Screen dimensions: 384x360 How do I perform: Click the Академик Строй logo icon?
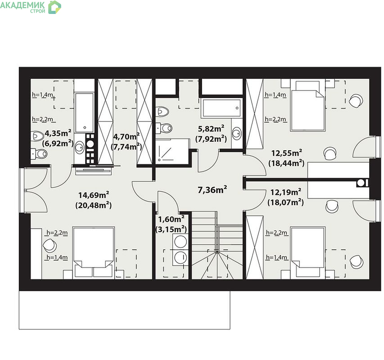(x=54, y=7)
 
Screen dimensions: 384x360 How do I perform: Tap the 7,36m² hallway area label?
(x=212, y=189)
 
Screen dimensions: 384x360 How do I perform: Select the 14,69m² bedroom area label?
(x=94, y=195)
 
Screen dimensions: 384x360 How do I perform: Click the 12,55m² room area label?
(x=286, y=153)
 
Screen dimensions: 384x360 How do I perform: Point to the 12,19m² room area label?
(x=286, y=192)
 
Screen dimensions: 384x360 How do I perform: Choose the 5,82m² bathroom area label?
(x=211, y=129)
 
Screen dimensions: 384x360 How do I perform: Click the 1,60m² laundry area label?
(x=171, y=219)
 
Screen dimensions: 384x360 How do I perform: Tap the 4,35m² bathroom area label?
(x=58, y=133)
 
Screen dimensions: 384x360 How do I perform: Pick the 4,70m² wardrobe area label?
(x=126, y=136)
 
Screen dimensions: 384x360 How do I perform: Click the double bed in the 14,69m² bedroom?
(x=94, y=253)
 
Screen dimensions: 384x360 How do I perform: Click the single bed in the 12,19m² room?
(x=308, y=253)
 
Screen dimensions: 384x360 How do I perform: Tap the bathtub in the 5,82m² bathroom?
(x=221, y=108)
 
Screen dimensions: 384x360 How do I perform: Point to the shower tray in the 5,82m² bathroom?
(x=172, y=152)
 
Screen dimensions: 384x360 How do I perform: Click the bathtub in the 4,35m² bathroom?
(x=84, y=112)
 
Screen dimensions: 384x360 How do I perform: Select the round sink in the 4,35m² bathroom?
(x=79, y=147)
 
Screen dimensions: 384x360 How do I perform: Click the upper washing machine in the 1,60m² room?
(x=181, y=242)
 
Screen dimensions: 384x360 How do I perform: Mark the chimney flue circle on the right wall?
(x=361, y=183)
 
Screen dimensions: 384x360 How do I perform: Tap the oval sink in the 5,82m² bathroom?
(x=236, y=133)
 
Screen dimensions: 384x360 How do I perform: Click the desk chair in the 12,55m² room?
(x=330, y=153)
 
